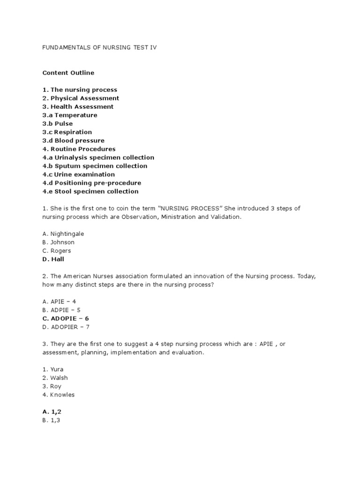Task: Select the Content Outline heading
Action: coord(68,73)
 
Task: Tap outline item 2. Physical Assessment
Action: coord(81,98)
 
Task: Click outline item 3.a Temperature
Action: coord(70,115)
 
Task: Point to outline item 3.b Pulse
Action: coord(58,124)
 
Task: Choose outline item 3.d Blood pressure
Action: coord(74,141)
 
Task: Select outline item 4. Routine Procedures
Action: coord(79,149)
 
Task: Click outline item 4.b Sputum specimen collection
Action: coord(95,166)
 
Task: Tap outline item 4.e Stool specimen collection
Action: coord(90,191)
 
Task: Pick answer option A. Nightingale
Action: coord(63,234)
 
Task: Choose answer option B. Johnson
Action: coord(59,242)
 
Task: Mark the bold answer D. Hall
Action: coord(53,259)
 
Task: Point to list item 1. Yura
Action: coord(53,369)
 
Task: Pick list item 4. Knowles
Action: coord(59,395)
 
